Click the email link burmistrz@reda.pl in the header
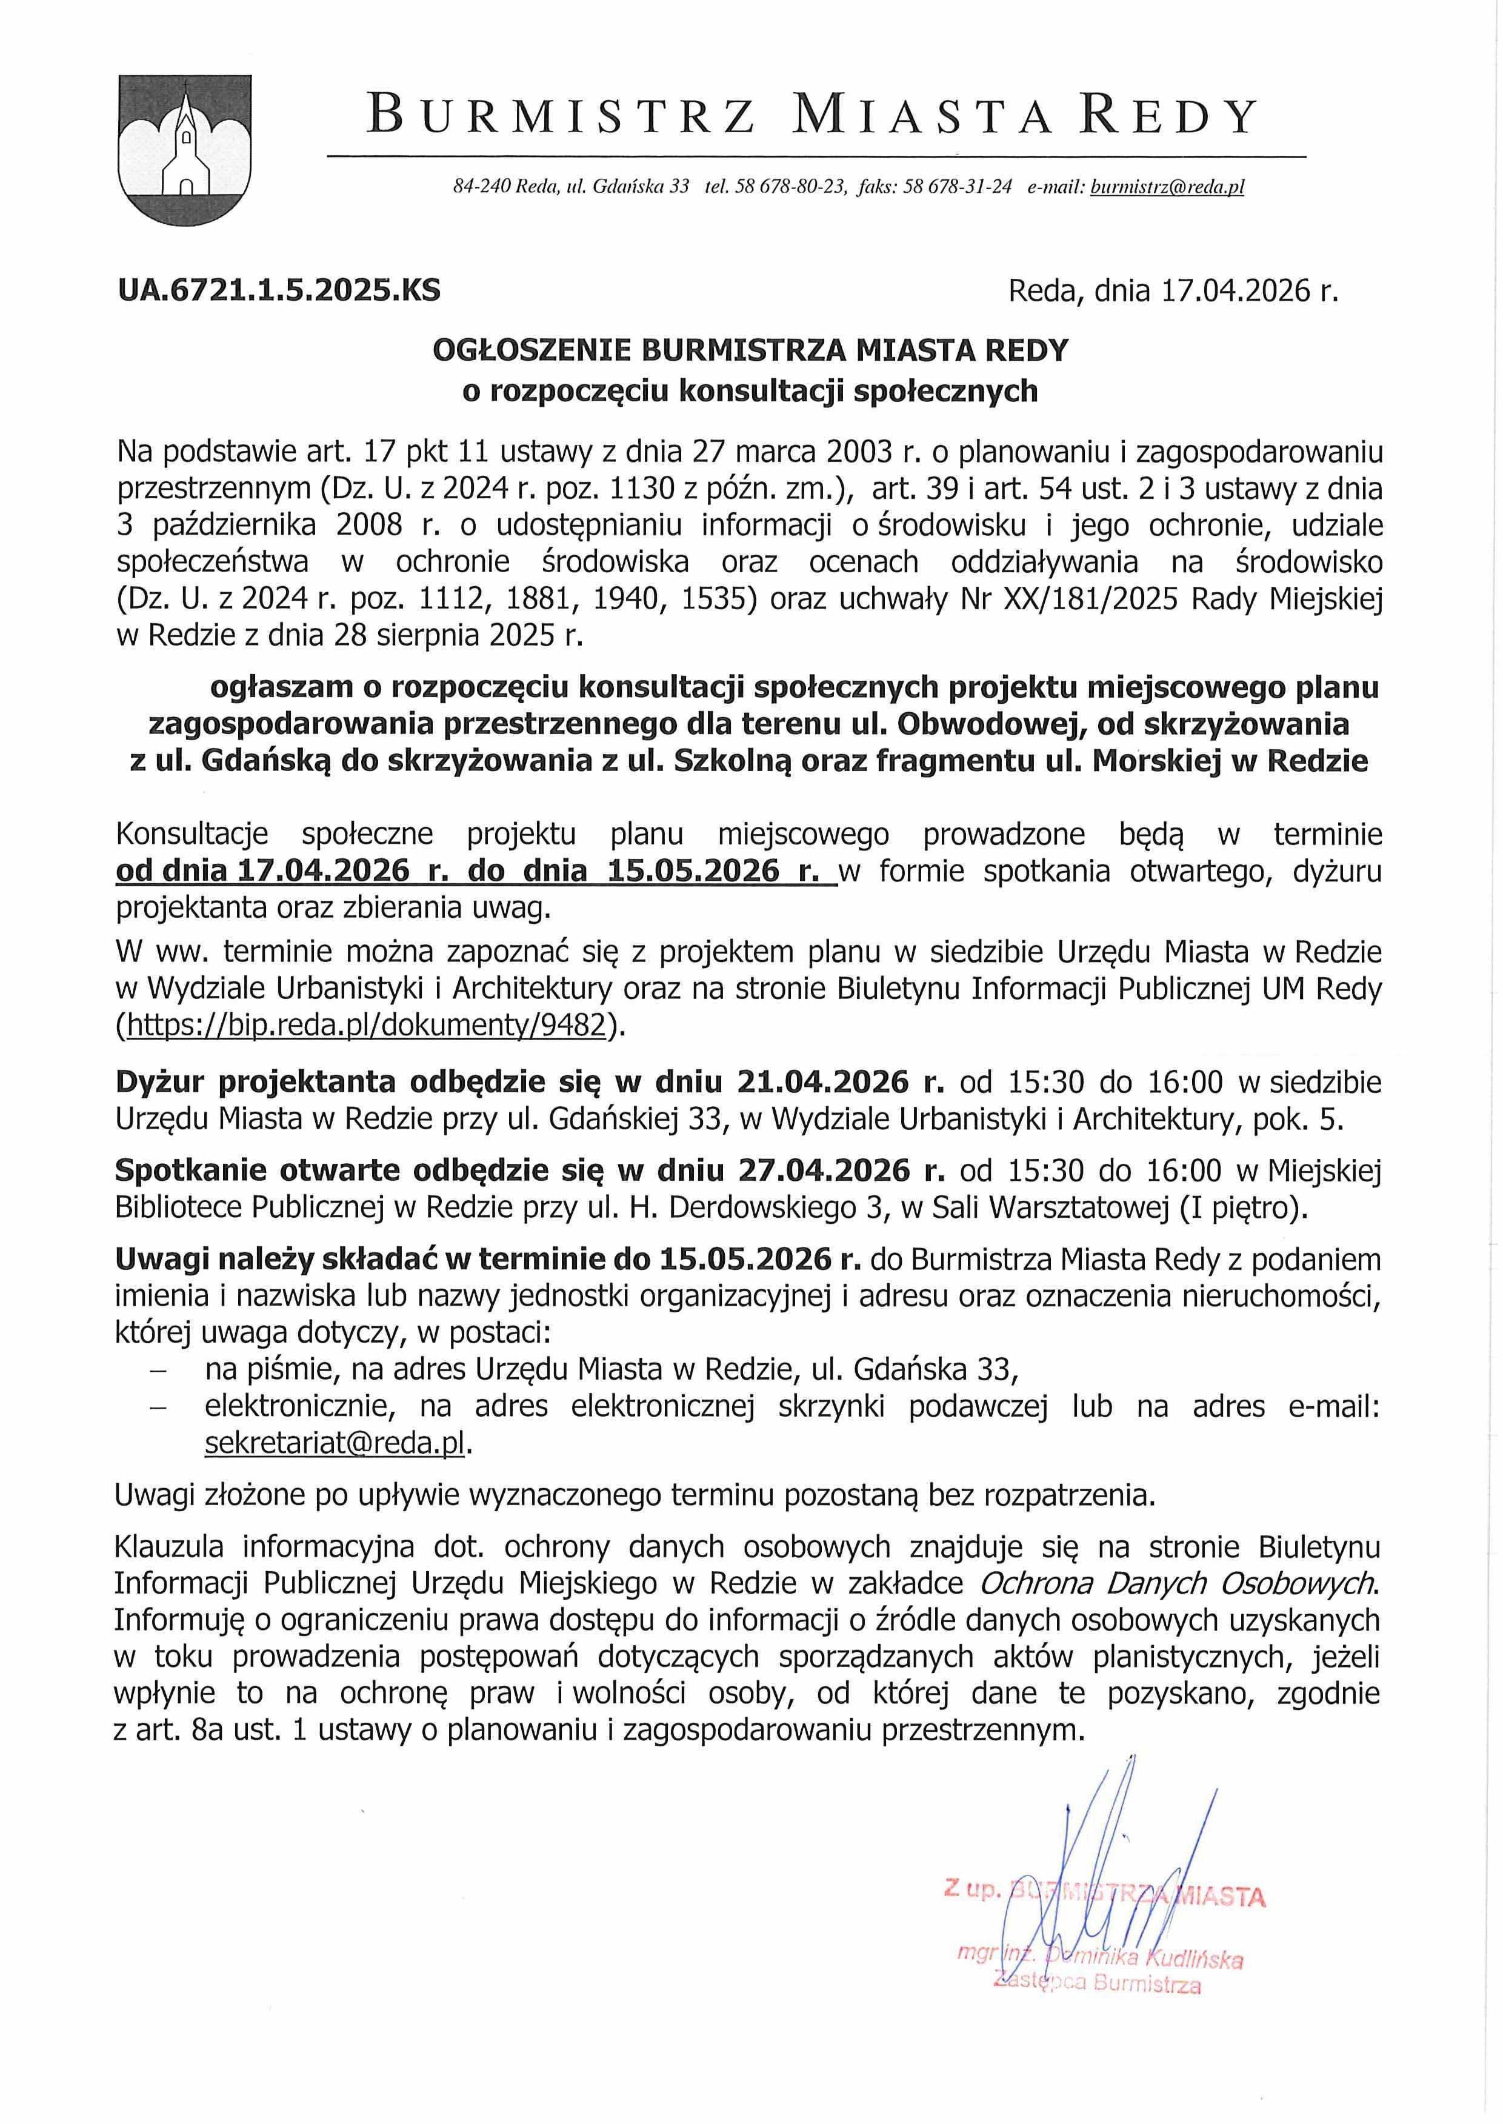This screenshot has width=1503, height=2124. pyautogui.click(x=1167, y=187)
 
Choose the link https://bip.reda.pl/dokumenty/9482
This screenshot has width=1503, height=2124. pyautogui.click(x=367, y=1026)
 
